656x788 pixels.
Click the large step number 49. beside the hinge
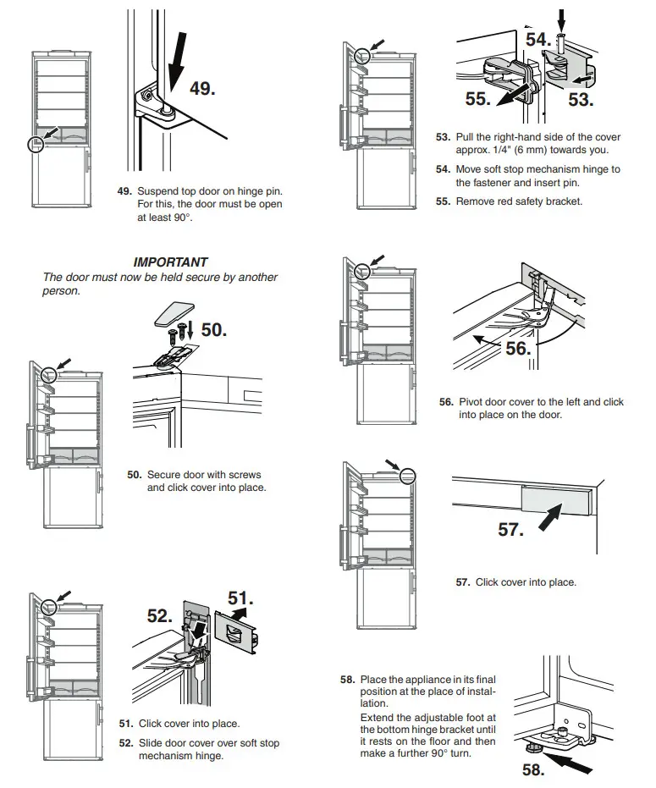point(201,87)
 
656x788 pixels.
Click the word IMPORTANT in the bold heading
point(170,262)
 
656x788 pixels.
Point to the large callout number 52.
point(159,616)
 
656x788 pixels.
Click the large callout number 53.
point(581,99)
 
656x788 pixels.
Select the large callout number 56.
point(517,348)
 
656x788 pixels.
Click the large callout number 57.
point(510,530)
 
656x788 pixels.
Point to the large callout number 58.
point(531,769)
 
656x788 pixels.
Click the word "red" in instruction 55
point(507,201)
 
